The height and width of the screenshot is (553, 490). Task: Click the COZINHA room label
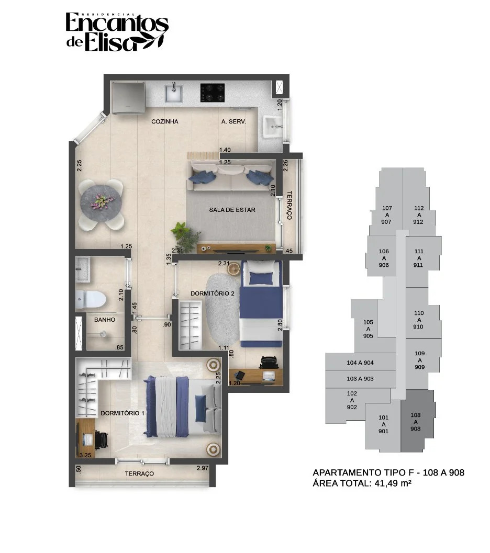tap(165, 121)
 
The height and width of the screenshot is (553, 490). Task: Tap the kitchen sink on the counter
tap(174, 92)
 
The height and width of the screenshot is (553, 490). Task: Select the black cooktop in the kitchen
tap(213, 93)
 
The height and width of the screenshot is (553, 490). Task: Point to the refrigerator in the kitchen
tap(128, 98)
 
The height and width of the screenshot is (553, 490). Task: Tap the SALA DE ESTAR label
tap(232, 210)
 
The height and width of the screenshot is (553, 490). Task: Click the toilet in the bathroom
tap(91, 299)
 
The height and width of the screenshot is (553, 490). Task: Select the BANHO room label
tap(105, 320)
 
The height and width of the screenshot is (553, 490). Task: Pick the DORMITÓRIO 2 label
tap(213, 294)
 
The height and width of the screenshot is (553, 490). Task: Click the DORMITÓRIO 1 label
tap(122, 413)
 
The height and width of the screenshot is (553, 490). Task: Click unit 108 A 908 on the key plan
tap(416, 422)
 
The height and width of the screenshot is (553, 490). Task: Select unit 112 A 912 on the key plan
tap(418, 215)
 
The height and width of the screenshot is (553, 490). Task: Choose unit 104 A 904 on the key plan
tap(360, 363)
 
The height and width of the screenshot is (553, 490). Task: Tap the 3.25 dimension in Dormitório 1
tap(85, 455)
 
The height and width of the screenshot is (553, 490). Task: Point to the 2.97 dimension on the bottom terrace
tap(203, 468)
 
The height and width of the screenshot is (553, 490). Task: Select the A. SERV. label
tap(233, 121)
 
